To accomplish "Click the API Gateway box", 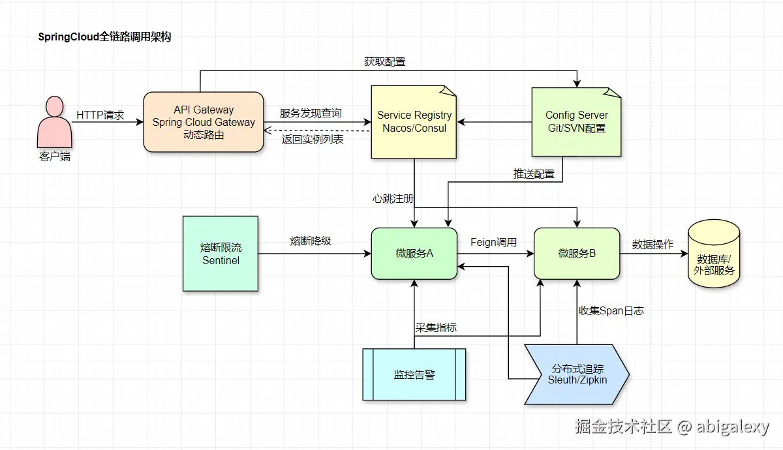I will click(x=203, y=122).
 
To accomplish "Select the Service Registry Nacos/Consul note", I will click(x=414, y=122).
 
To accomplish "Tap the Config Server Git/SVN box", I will click(x=576, y=122).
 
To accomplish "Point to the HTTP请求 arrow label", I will click(x=100, y=115).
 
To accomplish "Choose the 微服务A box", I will click(x=414, y=253).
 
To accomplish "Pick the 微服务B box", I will click(x=576, y=253).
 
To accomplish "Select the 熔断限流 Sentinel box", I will click(x=221, y=254).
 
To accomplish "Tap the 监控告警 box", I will click(x=414, y=374).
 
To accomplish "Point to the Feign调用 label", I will click(x=494, y=242).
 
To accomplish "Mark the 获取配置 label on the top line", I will click(x=384, y=62).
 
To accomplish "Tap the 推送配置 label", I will click(x=533, y=174).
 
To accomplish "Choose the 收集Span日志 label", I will click(x=611, y=311).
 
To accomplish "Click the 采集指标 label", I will click(x=436, y=327).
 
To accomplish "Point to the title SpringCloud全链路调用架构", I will click(x=104, y=37).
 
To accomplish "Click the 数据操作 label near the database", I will click(x=652, y=245).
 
